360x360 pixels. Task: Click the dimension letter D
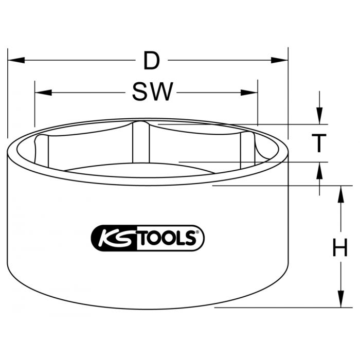click(x=151, y=61)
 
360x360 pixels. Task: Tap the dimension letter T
click(x=319, y=143)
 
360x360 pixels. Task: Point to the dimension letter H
click(x=339, y=249)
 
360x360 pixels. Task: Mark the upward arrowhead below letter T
click(x=319, y=170)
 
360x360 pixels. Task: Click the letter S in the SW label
click(x=139, y=93)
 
